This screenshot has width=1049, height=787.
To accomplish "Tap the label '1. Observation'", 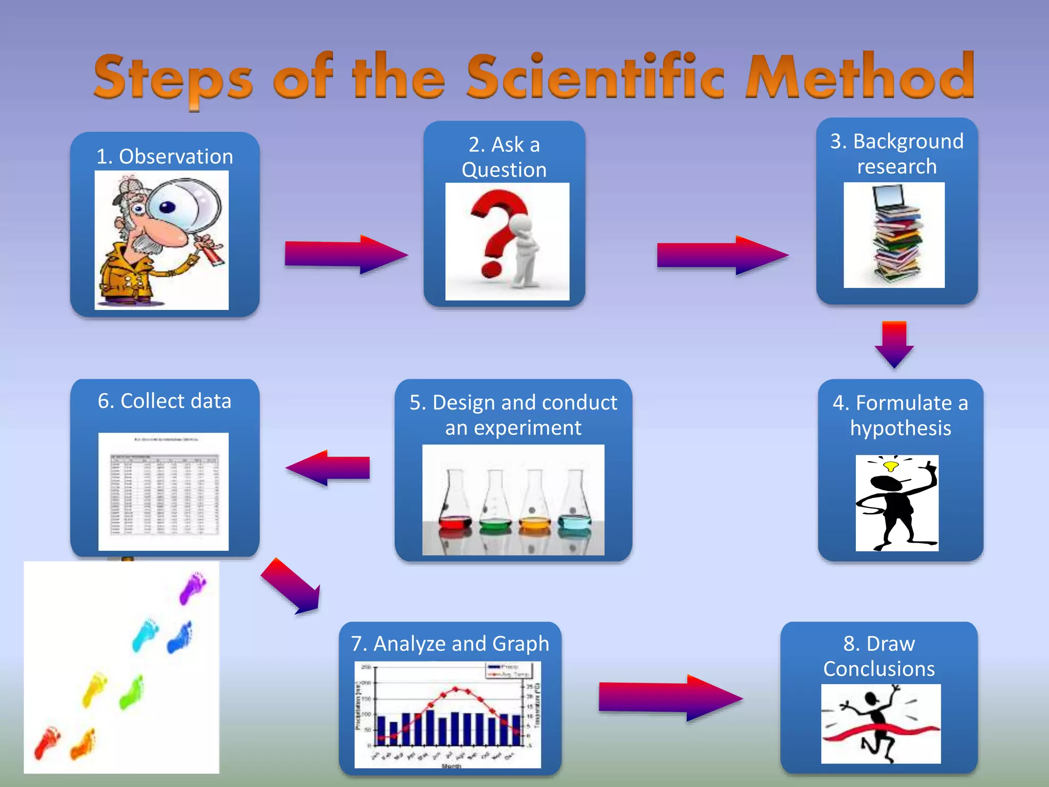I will [164, 156].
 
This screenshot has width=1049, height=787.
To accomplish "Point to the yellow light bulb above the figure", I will [891, 466].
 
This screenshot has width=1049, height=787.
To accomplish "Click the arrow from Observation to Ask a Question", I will [346, 255].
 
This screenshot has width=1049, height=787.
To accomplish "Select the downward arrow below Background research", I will [894, 344].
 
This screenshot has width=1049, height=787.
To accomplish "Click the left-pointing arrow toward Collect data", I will [328, 467].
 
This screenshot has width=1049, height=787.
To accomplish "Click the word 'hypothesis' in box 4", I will [900, 428].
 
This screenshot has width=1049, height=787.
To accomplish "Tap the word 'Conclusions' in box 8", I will [879, 669].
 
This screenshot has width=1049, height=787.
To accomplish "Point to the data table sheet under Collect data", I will [163, 492].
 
